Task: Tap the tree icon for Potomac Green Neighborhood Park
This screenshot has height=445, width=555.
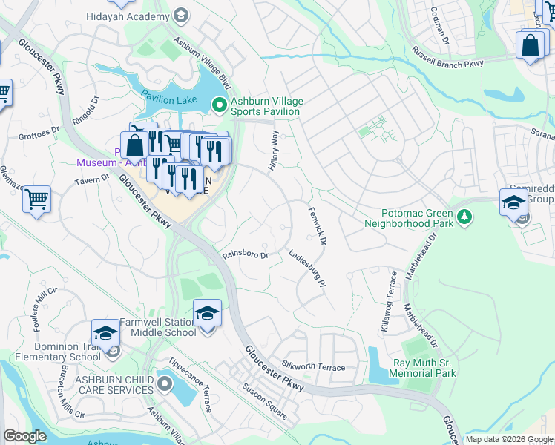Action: coord(464,217)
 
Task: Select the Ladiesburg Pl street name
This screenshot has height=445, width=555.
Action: coord(307,268)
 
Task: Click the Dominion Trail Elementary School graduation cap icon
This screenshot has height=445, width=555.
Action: coord(105,333)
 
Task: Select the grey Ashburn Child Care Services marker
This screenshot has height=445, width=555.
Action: coord(163,384)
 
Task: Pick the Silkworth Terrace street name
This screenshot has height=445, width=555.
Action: coord(313,366)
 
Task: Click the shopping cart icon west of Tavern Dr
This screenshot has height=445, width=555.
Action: coord(36,199)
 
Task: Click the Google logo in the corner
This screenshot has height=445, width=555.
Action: coord(24,435)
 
